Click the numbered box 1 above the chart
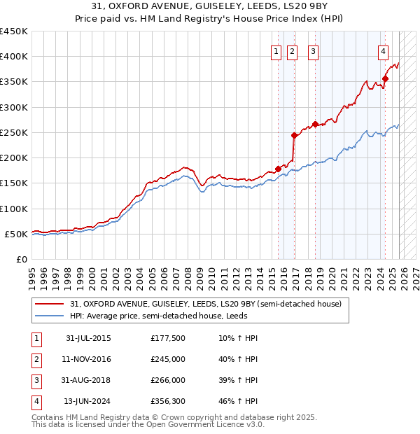[x=276, y=50]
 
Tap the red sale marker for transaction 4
[x=386, y=79]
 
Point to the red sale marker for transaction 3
[x=315, y=125]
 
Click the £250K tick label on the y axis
[x=14, y=132]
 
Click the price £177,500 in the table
[x=168, y=338]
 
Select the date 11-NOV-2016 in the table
[x=87, y=359]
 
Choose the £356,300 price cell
[x=168, y=401]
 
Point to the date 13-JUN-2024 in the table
[x=87, y=401]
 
